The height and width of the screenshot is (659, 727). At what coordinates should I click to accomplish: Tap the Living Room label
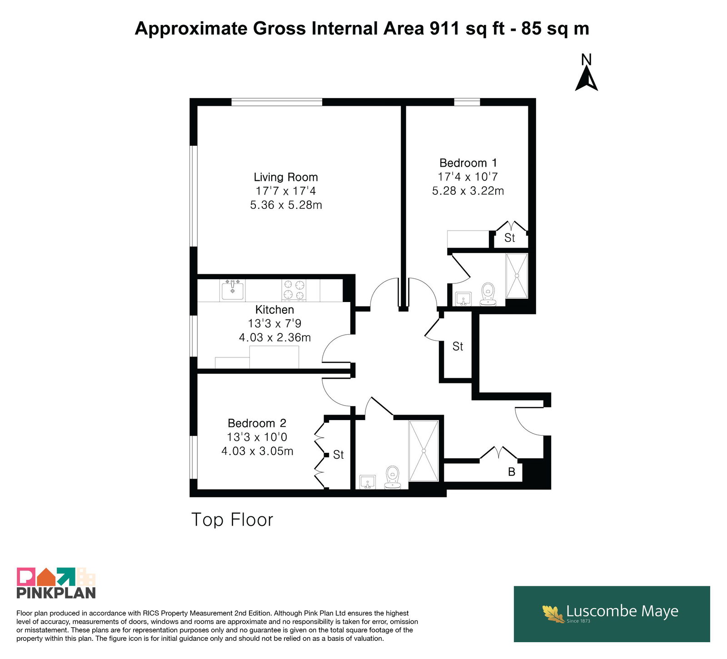point(286,177)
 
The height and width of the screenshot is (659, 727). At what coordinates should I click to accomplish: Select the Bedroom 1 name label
point(468,163)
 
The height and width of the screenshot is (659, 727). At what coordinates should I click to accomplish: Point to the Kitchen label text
point(274,310)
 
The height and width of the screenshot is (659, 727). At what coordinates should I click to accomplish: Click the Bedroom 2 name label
point(257,423)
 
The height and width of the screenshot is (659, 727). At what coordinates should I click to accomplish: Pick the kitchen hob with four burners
point(294,290)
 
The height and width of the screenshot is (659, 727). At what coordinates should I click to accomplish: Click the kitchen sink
point(232,290)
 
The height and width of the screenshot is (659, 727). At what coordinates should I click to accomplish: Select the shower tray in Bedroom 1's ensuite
point(517,276)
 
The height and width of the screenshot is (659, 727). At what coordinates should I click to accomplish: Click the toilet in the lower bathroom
point(393,477)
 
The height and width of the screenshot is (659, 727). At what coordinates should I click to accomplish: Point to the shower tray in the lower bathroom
point(423,451)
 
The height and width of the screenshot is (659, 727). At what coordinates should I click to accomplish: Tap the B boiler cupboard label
point(512,472)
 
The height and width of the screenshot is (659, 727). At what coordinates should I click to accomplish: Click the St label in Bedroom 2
point(339,455)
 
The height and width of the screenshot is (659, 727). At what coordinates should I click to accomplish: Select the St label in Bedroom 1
point(510,238)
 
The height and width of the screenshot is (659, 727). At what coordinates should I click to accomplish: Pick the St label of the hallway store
point(458,347)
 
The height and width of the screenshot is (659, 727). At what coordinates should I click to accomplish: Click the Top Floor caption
point(232,520)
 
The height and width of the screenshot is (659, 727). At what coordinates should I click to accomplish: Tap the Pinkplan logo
point(56,583)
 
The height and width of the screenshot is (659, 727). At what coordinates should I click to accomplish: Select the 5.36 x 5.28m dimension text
point(286,205)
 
